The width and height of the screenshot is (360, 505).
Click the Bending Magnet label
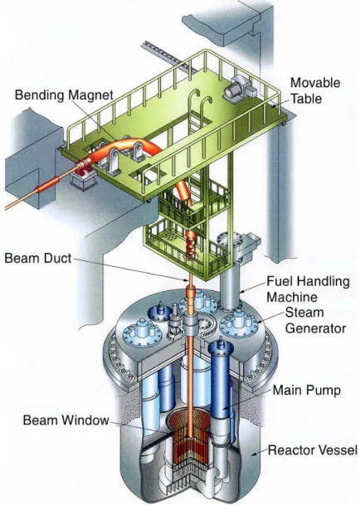coord(64,95)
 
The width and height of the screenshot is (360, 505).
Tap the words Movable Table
coord(315,90)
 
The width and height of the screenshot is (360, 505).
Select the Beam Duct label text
coord(37,258)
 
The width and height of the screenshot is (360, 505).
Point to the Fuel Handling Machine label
coord(308,289)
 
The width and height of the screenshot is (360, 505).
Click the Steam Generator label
coord(315,320)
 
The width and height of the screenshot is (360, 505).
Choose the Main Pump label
coord(307,390)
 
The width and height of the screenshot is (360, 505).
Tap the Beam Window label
coord(66,420)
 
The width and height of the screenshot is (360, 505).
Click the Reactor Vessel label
coord(313,450)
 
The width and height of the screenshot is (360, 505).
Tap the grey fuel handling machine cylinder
coord(230,284)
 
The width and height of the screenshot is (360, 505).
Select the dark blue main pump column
coord(221,376)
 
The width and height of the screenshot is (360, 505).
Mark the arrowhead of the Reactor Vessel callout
coord(254,454)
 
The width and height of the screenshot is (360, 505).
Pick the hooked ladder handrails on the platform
coord(200,103)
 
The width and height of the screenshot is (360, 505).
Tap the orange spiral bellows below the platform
coord(192,246)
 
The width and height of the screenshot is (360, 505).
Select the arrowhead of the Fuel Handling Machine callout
coord(243,291)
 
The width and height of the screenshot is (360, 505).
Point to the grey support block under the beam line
coord(83,181)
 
